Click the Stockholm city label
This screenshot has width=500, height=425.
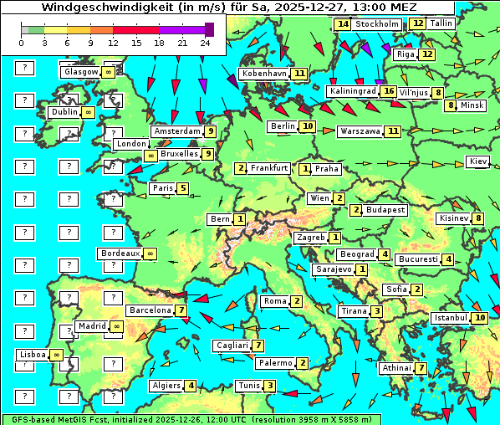coord(376,24)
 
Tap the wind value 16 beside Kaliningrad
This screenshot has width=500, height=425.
coord(388,90)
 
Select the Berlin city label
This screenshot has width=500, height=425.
coord(283,126)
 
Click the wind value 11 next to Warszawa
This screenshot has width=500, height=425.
coord(393,131)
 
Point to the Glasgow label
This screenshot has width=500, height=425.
coord(80,72)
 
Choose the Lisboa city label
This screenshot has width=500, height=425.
coord(33,355)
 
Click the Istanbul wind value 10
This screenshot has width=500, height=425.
coord(480,318)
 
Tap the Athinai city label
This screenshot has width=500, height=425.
coord(396,368)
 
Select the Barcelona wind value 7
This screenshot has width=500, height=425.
coord(181,310)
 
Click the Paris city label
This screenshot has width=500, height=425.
coord(162,188)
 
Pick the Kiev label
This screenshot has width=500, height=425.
coord(477,161)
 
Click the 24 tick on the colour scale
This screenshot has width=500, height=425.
coord(204,42)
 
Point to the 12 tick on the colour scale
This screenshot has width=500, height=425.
coord(113,42)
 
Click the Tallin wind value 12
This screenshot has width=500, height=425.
coord(418,23)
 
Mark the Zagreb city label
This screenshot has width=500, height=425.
coord(311,238)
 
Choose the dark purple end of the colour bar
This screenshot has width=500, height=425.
coord(209,29)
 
